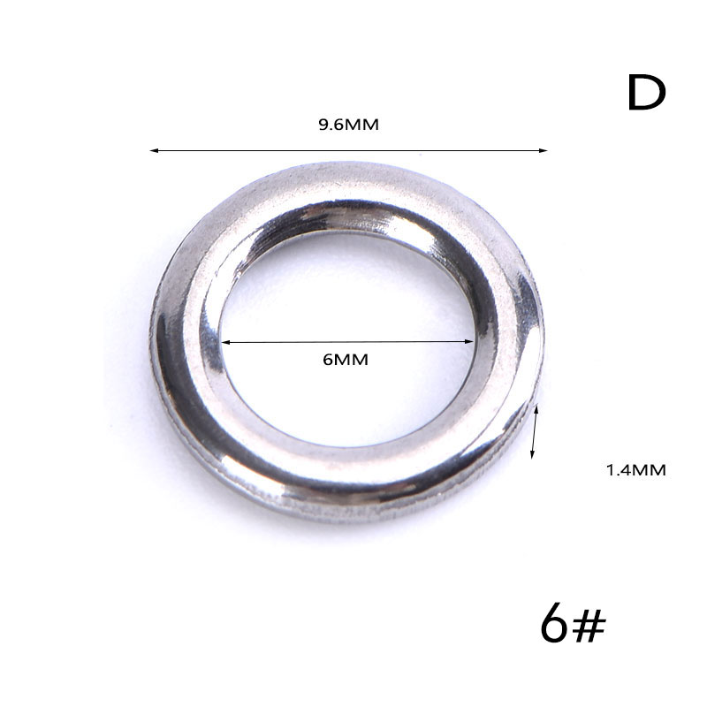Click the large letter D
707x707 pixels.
point(647,93)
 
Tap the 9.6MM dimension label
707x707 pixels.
point(348,125)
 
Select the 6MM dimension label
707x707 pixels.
point(346,360)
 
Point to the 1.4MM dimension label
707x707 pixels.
point(635,470)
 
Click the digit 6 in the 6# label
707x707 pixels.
point(554,623)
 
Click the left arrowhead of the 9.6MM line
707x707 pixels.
point(154,150)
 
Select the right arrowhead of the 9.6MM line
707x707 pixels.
point(543,150)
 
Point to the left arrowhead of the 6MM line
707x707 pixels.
point(226,343)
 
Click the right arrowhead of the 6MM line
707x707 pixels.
point(469,341)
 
